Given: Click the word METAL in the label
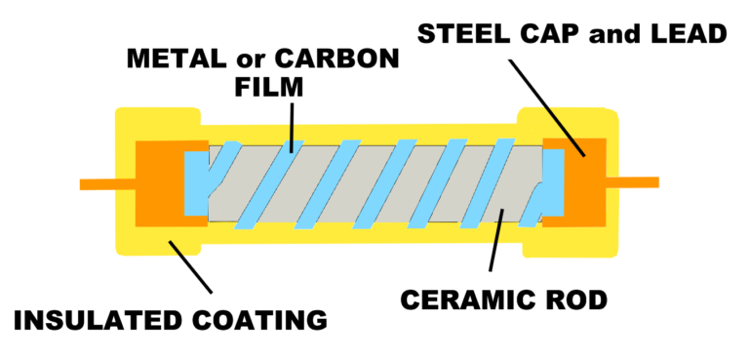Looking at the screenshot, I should [x=174, y=59].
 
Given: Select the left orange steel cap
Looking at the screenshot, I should [x=156, y=183].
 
